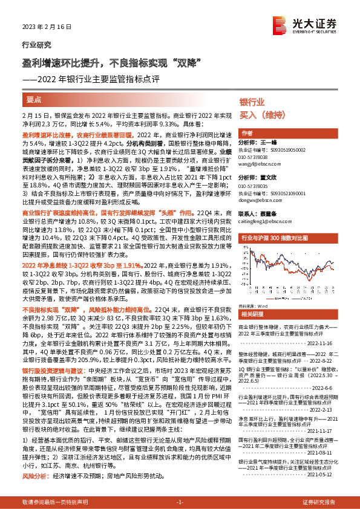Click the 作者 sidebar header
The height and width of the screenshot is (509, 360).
[x=247, y=133]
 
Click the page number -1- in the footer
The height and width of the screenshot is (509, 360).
[x=180, y=502]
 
